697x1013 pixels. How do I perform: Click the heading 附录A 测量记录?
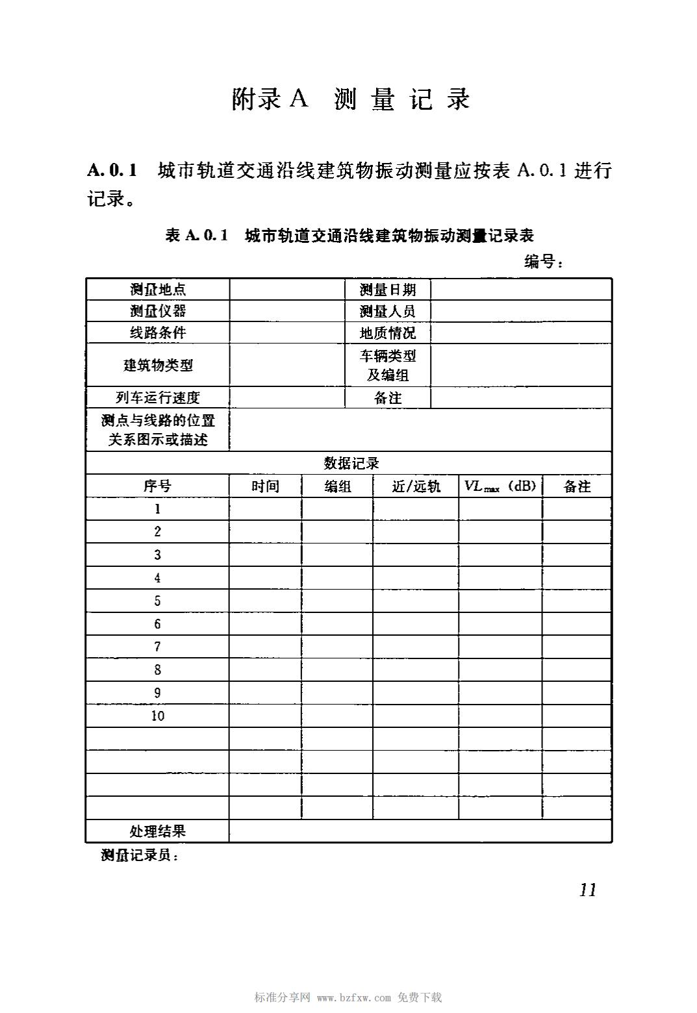(350, 99)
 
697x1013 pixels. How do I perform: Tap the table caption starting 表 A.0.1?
(349, 235)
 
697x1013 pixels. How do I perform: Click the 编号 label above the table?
(543, 262)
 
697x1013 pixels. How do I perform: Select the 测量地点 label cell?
(158, 290)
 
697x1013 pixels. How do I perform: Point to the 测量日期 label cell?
(388, 290)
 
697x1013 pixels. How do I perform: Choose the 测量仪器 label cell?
(158, 311)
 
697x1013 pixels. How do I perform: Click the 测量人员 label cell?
(388, 311)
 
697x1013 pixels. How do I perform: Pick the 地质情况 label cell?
(388, 333)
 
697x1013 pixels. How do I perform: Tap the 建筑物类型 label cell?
(158, 365)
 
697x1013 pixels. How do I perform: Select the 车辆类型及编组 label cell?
(388, 365)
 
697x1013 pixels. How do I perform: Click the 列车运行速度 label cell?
(158, 397)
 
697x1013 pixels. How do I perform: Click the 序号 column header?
(158, 486)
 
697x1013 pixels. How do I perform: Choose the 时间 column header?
(265, 486)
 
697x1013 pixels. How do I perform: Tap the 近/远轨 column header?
(416, 486)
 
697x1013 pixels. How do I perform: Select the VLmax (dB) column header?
(500, 486)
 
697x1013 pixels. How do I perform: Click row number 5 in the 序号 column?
(157, 601)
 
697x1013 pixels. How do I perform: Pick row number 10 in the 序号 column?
(158, 716)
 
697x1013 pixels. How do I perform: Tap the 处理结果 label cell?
(158, 831)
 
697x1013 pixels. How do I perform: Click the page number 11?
(587, 890)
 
